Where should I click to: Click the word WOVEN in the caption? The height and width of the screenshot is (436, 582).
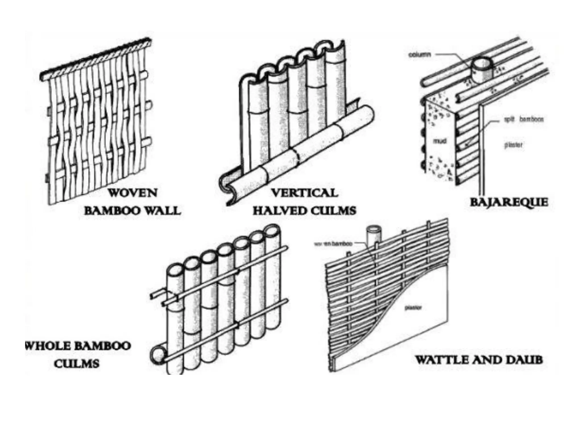132,193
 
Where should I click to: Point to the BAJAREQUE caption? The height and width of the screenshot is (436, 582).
509,202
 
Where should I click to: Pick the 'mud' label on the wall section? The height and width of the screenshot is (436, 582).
439,141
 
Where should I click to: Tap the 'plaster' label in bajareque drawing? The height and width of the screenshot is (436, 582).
513,145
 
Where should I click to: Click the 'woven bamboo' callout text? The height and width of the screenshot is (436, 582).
333,244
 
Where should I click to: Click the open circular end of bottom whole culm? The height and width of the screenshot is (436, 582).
157,355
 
